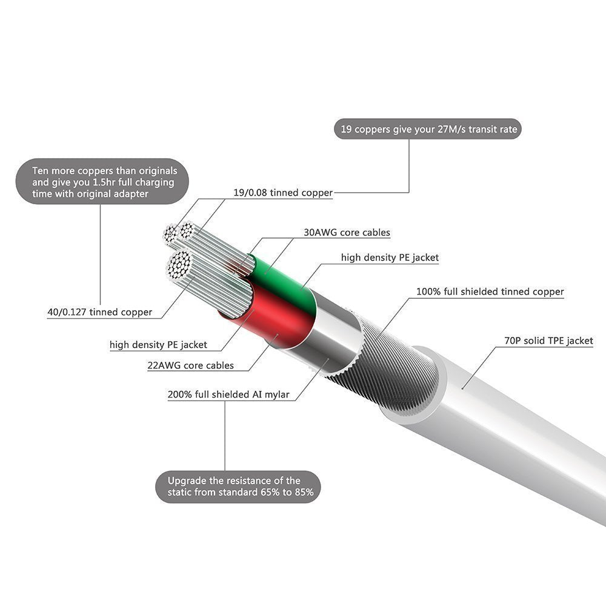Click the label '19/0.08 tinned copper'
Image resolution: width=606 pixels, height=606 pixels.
point(283,193)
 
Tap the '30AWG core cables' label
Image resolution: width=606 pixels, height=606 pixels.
point(347,232)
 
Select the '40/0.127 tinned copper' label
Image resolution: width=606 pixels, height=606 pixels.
point(99,313)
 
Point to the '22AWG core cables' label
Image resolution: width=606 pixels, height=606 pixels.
point(190,365)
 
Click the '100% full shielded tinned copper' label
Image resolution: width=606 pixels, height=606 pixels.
point(490,291)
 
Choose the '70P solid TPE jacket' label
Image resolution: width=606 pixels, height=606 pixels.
point(548,341)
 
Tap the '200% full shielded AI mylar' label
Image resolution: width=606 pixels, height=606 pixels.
point(228,395)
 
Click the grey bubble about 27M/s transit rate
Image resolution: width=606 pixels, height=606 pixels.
point(427,128)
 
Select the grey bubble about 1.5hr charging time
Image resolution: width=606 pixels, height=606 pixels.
point(102,181)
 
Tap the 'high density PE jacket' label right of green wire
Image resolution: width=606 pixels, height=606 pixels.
point(390,258)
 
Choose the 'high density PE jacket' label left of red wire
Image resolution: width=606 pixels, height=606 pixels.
point(158,345)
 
